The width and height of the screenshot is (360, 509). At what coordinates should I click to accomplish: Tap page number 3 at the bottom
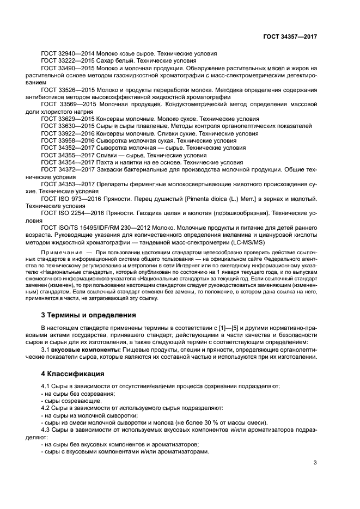tap(315, 463)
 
